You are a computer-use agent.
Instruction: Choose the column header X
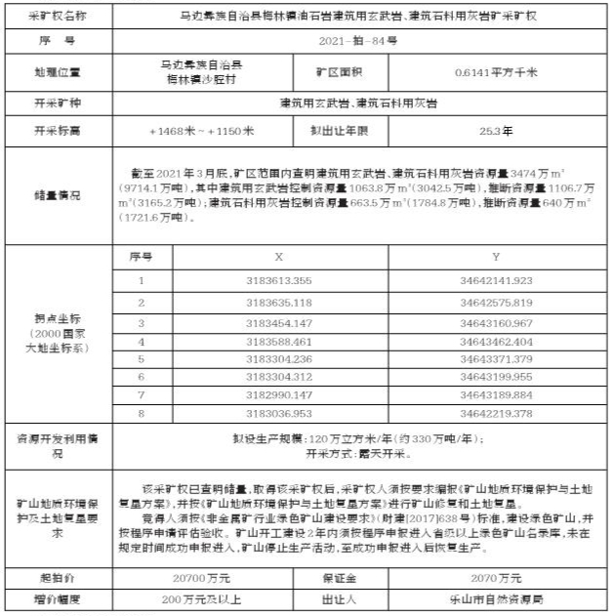click(x=278, y=257)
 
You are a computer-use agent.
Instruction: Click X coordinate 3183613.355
click(x=278, y=281)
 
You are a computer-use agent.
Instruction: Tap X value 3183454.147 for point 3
click(x=278, y=322)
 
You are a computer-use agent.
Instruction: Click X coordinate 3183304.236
click(x=278, y=359)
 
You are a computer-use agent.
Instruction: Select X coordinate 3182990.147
click(x=278, y=395)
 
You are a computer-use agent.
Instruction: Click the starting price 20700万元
click(x=202, y=578)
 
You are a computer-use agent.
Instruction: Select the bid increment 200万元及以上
click(x=202, y=598)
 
